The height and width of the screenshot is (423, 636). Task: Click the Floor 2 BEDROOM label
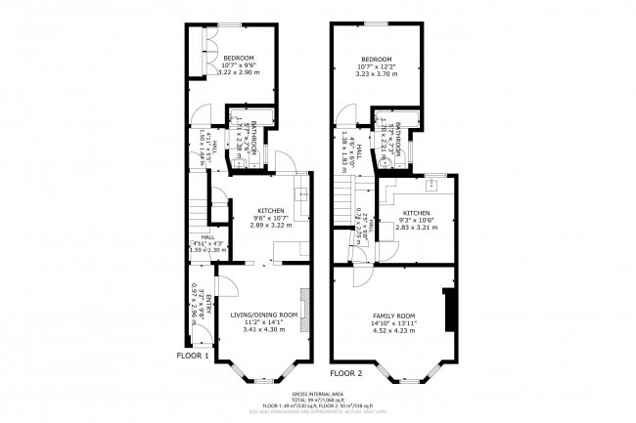tap(377, 59)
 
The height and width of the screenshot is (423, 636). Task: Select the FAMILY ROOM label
tap(394, 316)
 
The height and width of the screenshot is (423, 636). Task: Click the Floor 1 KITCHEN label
tap(271, 211)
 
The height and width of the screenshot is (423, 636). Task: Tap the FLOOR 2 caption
tap(346, 373)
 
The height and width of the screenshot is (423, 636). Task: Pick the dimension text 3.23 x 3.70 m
tap(377, 73)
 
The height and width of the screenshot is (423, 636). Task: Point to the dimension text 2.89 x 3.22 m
tap(271, 226)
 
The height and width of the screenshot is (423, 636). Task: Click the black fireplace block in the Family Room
tap(449, 310)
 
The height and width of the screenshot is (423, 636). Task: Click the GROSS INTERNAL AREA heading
tap(317, 396)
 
